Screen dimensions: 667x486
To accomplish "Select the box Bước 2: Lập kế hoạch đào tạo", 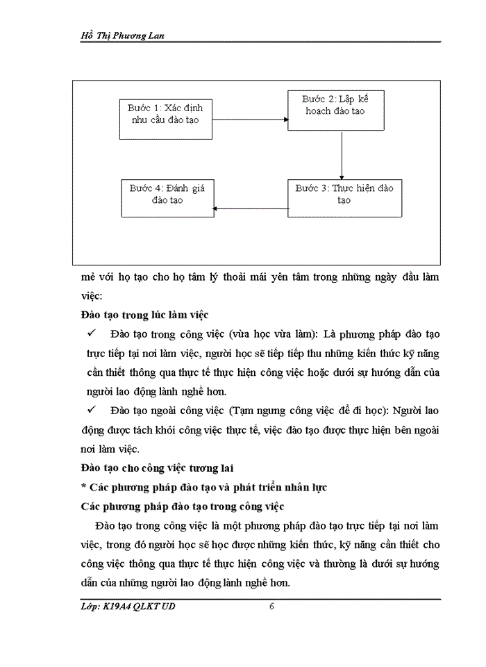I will click(x=336, y=110).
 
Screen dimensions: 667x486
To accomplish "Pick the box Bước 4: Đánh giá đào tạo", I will click(x=167, y=197).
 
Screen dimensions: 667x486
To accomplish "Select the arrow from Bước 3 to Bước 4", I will click(x=250, y=208).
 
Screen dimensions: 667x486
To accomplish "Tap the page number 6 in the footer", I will click(x=272, y=607).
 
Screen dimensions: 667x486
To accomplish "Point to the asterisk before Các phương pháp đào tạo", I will click(x=84, y=488).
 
